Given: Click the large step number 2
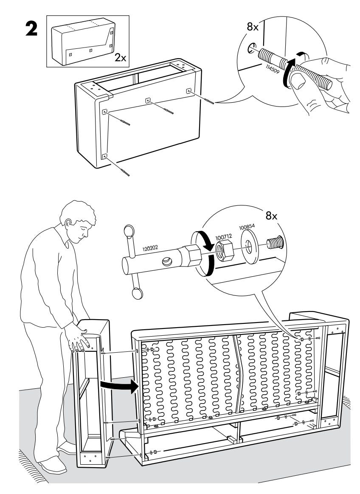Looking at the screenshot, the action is coord(31,29).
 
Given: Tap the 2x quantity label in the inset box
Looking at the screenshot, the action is coord(120,58).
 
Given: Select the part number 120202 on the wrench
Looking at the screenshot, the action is coord(150,248).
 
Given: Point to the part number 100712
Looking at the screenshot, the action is coord(223,236).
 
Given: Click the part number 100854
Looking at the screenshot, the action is coord(247,227).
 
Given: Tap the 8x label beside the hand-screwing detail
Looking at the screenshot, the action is coord(253,27).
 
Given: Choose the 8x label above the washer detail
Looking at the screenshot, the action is coord(271,216).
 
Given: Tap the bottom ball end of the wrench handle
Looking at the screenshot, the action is coord(138,293).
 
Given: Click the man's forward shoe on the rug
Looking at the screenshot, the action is coord(52,466).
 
